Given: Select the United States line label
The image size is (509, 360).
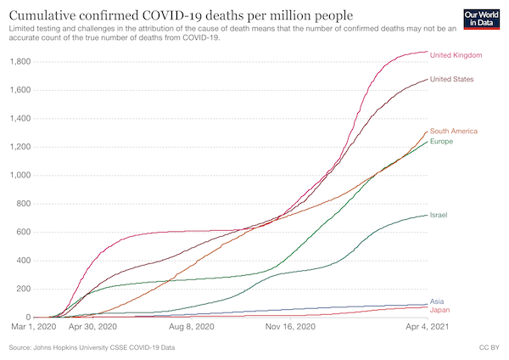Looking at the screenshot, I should pyautogui.click(x=452, y=79).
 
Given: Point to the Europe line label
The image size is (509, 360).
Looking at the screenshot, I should pyautogui.click(x=441, y=141).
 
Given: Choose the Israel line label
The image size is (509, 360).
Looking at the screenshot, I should pyautogui.click(x=439, y=215).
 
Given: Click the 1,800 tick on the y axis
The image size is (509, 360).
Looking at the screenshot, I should pyautogui.click(x=18, y=62).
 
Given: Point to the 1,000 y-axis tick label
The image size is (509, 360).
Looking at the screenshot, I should pyautogui.click(x=18, y=175).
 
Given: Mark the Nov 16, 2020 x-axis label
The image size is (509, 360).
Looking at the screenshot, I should pyautogui.click(x=290, y=325).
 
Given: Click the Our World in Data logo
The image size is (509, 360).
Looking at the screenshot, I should pyautogui.click(x=481, y=19).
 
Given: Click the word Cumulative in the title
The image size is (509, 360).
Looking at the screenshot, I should pyautogui.click(x=47, y=15).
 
